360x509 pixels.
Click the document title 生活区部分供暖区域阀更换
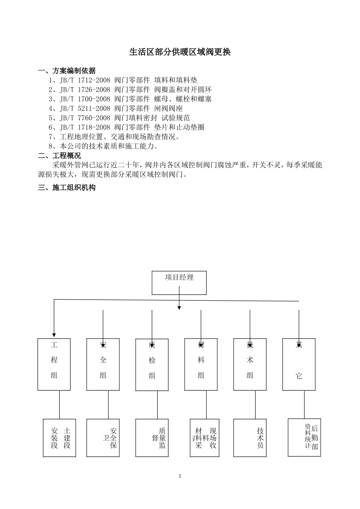(x=180, y=52)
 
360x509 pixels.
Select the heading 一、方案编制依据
(x=67, y=71)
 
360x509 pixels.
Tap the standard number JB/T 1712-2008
(x=85, y=80)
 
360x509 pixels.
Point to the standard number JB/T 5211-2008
(x=85, y=109)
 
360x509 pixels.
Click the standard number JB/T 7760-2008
(x=85, y=118)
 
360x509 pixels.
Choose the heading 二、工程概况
(x=59, y=156)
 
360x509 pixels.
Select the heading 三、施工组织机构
(x=67, y=187)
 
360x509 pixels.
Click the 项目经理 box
(x=179, y=283)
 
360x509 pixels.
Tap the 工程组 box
(x=54, y=364)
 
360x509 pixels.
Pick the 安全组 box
(x=103, y=364)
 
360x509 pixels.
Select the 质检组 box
(x=152, y=365)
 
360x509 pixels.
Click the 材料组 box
(x=201, y=364)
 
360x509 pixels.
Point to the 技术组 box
(x=250, y=364)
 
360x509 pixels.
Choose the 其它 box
(x=299, y=364)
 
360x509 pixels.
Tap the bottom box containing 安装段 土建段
(x=59, y=438)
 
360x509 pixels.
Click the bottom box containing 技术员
(x=250, y=438)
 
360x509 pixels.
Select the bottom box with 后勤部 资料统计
(x=304, y=437)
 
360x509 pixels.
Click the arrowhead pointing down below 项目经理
(x=179, y=308)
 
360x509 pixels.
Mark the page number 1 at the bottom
(x=180, y=476)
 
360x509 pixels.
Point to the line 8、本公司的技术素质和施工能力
(x=103, y=146)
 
